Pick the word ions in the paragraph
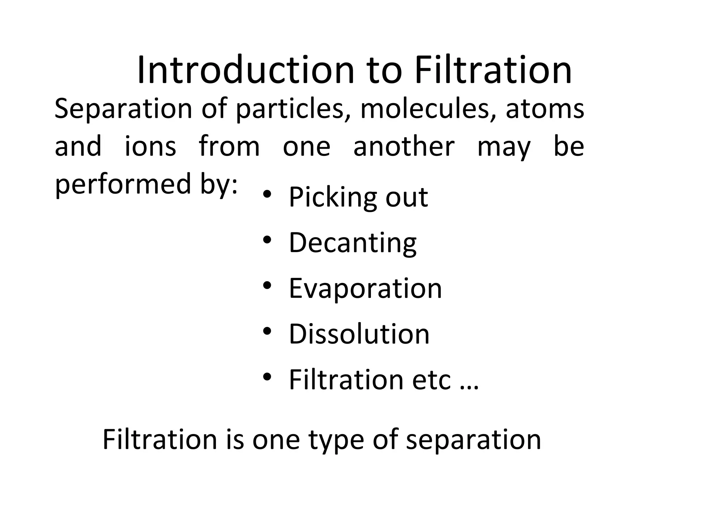point(150,147)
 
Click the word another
point(404,147)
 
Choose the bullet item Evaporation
point(365,289)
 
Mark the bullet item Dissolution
point(359,334)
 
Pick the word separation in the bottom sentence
point(473,440)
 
